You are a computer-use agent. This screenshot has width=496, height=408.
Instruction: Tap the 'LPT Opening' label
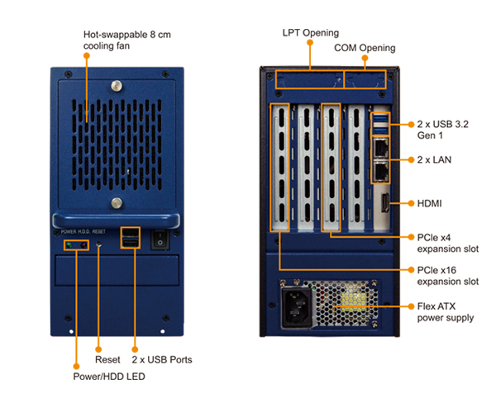[x=310, y=33]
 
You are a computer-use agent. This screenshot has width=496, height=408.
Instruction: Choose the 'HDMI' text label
[x=432, y=202]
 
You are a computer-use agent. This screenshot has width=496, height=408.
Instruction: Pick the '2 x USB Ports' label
[x=162, y=360]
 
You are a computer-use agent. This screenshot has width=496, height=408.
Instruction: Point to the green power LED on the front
[x=69, y=245]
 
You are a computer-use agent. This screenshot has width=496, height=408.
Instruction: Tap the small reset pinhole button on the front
[x=100, y=245]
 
